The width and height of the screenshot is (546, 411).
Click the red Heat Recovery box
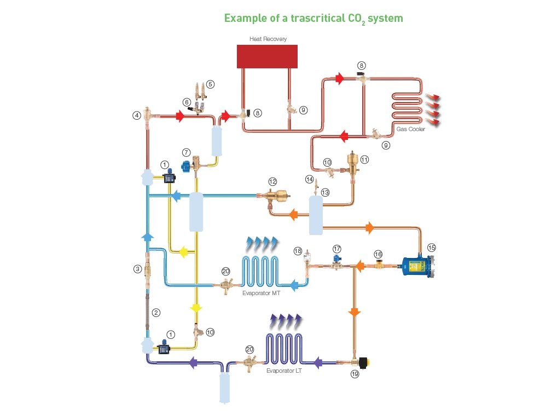click(267, 56)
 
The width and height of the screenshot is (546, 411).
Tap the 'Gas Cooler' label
click(411, 130)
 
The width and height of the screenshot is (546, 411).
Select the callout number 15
click(432, 248)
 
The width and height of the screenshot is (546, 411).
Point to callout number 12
click(272, 181)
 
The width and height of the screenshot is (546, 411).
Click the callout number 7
click(186, 151)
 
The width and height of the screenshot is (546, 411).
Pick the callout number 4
click(136, 115)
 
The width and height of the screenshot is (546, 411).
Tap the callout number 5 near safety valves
click(210, 84)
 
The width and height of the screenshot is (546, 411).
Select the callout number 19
click(355, 374)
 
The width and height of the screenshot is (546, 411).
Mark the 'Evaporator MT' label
click(261, 293)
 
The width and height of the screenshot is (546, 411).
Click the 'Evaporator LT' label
click(284, 371)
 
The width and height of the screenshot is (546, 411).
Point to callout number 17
click(337, 248)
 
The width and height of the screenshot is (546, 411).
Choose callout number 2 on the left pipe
click(156, 313)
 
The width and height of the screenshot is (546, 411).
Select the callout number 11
click(364, 160)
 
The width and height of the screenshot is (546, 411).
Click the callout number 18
click(298, 250)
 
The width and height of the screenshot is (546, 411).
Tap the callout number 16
click(377, 254)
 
